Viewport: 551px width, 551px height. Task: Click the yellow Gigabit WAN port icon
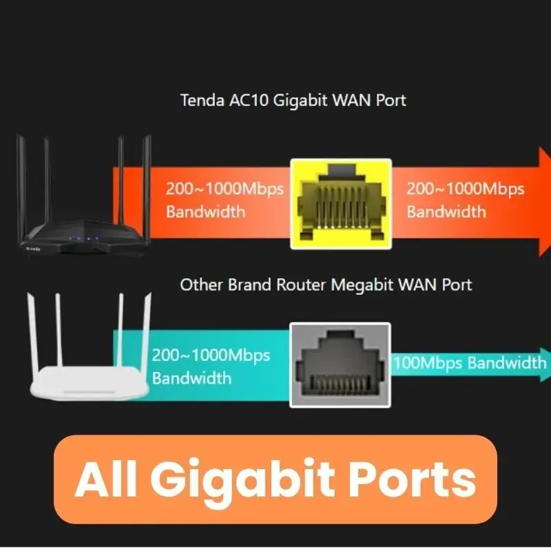(341, 204)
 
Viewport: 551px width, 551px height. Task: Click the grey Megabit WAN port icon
(340, 364)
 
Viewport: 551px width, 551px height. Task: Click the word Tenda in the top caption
(201, 100)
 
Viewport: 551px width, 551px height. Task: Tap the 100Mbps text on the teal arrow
(427, 363)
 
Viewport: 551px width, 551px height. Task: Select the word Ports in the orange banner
(420, 479)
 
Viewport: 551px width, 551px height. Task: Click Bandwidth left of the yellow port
(205, 211)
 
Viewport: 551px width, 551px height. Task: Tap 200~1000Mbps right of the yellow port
(465, 189)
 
